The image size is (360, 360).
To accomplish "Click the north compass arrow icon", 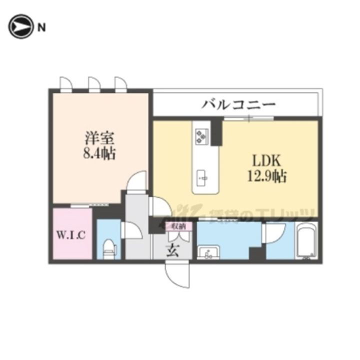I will point(19,27).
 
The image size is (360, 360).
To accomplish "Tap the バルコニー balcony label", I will point(239,104).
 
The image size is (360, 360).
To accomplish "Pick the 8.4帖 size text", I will point(99,153).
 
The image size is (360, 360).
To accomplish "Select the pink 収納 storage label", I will point(178,226).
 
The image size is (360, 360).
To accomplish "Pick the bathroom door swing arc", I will point(275,231).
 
